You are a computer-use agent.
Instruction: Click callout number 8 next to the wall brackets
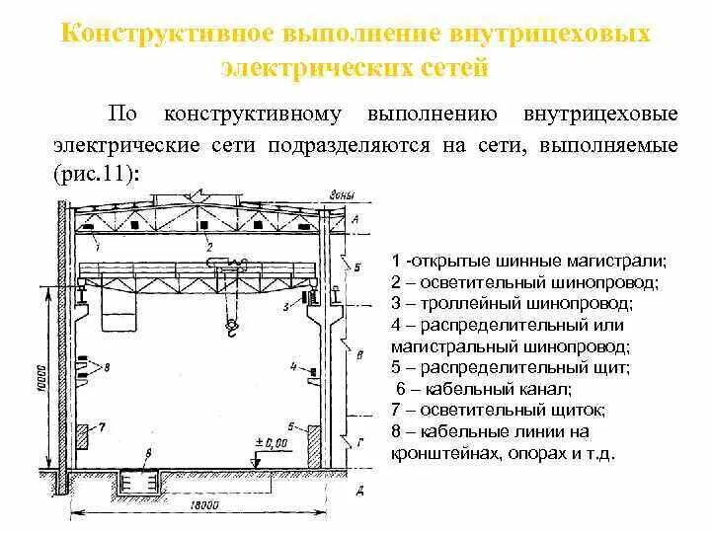pos(107,367)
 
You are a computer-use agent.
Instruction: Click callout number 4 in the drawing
pos(293,365)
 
